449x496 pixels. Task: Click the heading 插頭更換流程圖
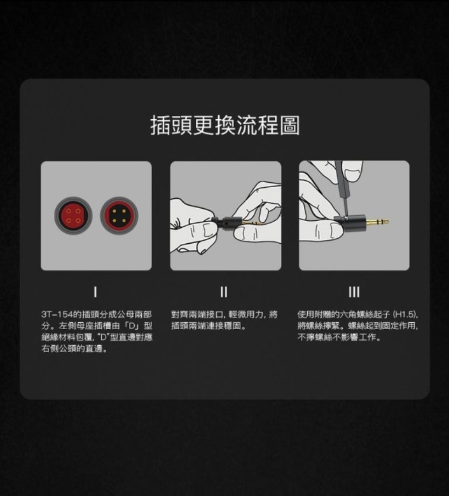224,125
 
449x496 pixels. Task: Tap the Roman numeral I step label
95,292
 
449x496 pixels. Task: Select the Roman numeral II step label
224,292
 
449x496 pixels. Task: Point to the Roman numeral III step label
354,292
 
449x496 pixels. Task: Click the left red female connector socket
73,215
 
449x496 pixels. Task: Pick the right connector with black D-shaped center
119,216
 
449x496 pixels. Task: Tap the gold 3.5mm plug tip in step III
377,222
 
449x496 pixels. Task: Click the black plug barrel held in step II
228,223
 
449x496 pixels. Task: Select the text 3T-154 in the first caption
57,315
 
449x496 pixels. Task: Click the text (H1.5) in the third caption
406,315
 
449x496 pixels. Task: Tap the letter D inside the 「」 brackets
132,326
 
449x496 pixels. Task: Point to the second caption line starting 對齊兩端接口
224,315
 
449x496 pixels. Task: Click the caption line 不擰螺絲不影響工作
339,337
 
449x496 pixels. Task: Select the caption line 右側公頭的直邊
74,348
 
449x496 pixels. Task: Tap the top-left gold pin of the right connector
114,211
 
